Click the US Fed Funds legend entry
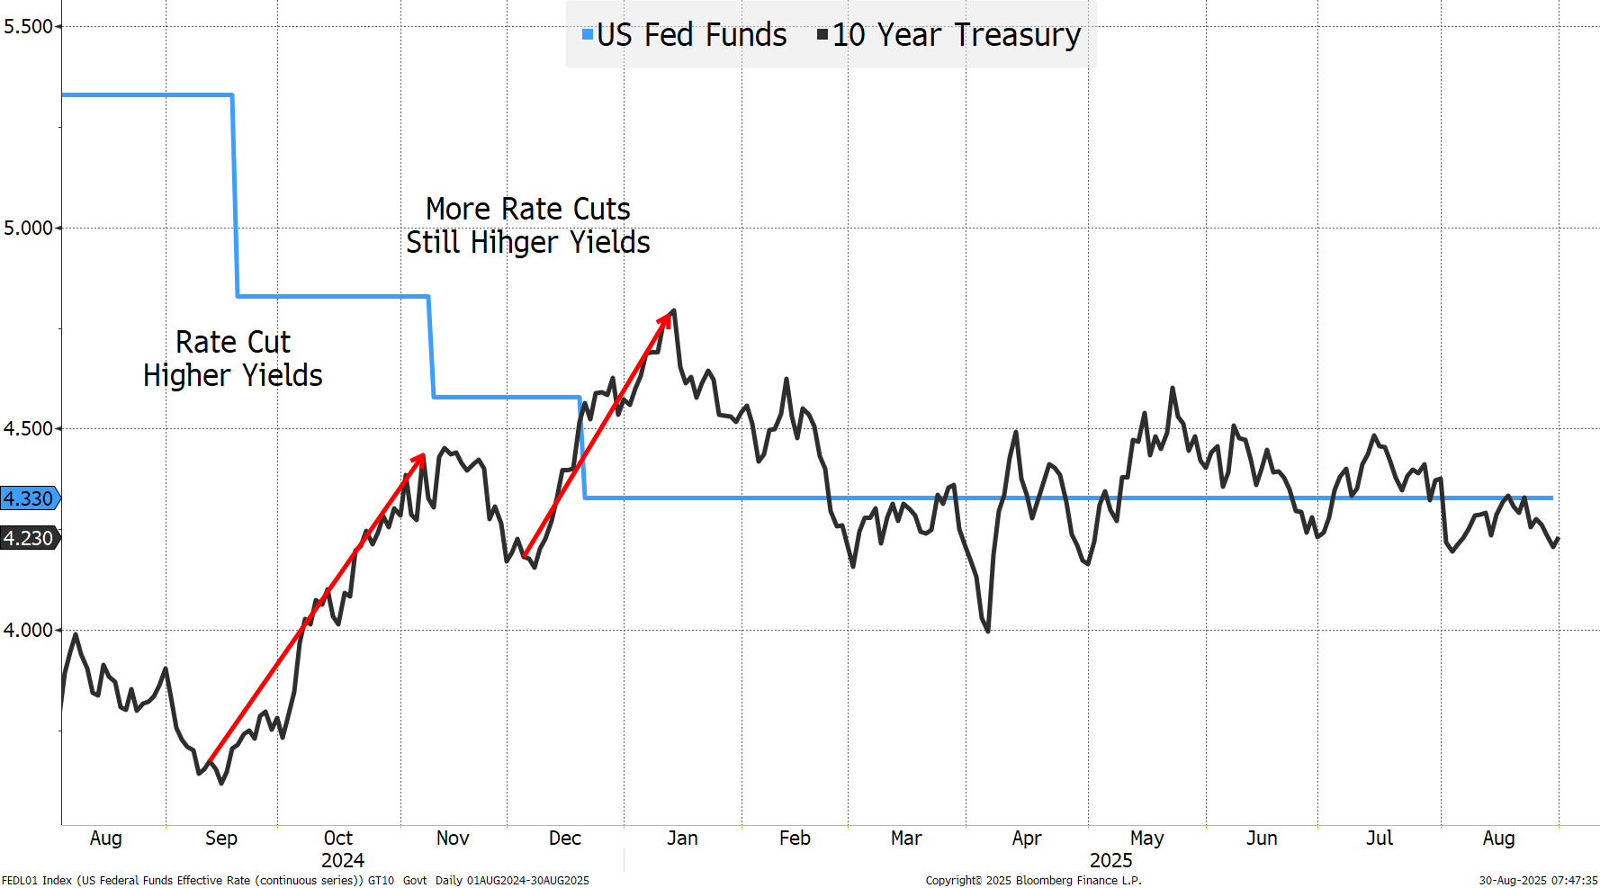tap(685, 35)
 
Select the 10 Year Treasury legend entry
tap(949, 35)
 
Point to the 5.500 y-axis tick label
tap(28, 27)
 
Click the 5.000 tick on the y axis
tap(28, 229)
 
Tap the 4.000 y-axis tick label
tap(28, 631)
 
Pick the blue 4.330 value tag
tap(29, 498)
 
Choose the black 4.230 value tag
tap(29, 538)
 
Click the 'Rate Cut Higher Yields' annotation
tap(233, 359)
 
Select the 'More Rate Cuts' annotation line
tap(528, 209)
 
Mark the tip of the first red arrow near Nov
tap(423, 455)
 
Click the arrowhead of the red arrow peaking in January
tap(670, 314)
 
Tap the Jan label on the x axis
tap(682, 839)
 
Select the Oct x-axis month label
tap(338, 839)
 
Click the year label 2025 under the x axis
tap(1110, 861)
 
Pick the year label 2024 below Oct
tap(343, 861)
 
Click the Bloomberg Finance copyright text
tap(1033, 881)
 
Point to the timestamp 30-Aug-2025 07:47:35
tap(1538, 881)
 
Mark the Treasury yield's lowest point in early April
tap(988, 631)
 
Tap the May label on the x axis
tap(1146, 839)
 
